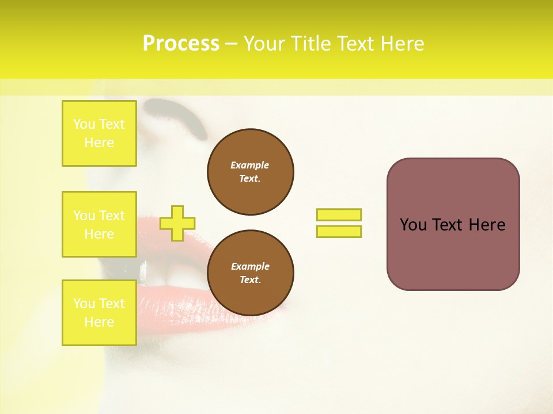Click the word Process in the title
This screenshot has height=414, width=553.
181,44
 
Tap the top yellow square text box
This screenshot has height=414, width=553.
99,133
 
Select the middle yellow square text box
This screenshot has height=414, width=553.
99,224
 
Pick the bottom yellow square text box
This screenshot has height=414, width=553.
99,313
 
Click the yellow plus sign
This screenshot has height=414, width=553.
177,223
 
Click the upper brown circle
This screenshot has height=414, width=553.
250,172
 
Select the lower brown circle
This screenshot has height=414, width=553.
250,273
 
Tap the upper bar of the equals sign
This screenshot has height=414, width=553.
339,215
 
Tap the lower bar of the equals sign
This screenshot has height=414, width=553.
339,232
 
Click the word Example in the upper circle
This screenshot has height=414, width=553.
249,165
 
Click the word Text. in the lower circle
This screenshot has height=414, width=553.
250,280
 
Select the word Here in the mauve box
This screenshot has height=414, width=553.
487,225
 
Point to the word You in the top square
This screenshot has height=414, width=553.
84,124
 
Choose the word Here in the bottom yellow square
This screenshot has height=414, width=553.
99,322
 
